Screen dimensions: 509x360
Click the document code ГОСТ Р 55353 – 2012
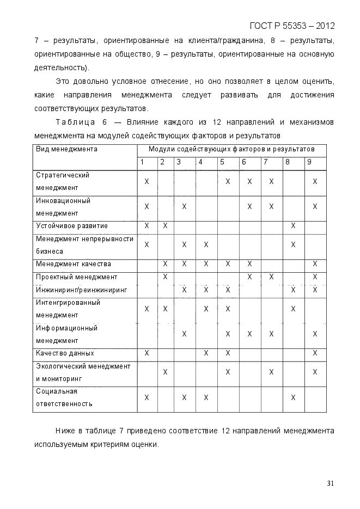292,26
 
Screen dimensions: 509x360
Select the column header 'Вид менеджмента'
66,149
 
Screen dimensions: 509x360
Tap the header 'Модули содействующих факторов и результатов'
231,149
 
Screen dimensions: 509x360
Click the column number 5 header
222,162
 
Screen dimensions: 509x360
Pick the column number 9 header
309,162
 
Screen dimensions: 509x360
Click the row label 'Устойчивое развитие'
72,226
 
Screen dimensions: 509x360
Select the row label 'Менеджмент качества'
74,264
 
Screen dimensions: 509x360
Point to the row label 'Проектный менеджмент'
76,277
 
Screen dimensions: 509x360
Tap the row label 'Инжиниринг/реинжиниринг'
81,290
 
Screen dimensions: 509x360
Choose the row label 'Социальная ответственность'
64,398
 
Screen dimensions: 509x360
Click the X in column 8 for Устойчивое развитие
293,226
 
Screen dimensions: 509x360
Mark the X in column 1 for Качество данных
147,353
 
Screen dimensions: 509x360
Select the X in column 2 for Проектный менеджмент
165,277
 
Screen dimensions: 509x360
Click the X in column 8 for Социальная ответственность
293,398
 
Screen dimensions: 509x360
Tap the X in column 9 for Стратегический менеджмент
315,181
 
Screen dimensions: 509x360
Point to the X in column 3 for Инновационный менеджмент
184,207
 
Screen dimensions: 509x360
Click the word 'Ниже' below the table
65,431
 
